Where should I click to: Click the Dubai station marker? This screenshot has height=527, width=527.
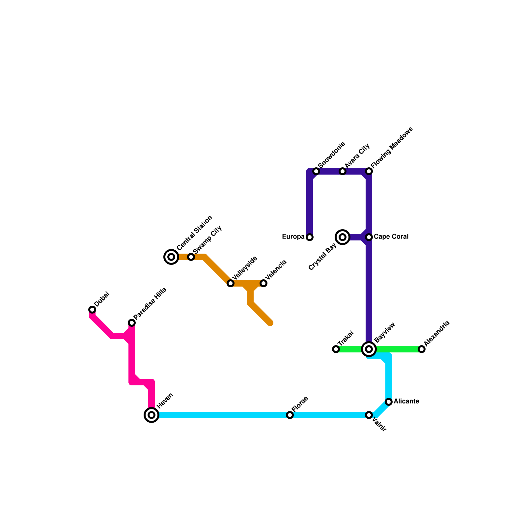(x=92, y=310)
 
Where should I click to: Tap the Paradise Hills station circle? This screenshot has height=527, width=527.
(x=132, y=323)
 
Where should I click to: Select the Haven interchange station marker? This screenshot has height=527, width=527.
(x=152, y=415)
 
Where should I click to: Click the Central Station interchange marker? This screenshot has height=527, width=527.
(x=171, y=257)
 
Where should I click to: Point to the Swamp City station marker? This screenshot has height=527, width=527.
(x=191, y=257)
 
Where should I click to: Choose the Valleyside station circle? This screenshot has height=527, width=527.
(x=231, y=283)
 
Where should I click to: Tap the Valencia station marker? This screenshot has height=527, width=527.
(x=263, y=283)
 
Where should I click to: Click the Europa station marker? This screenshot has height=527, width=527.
(x=310, y=237)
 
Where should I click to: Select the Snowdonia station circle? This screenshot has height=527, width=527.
(x=316, y=171)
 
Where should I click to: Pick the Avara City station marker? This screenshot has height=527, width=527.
(x=343, y=171)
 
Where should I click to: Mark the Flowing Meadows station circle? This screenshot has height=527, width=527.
(x=369, y=171)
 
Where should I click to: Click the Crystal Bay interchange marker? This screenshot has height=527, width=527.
(x=343, y=237)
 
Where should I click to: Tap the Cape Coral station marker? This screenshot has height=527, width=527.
(x=369, y=237)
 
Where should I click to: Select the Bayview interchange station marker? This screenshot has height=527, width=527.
(x=369, y=349)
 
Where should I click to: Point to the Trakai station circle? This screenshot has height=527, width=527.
(x=336, y=349)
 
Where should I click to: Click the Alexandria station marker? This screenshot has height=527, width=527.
(x=422, y=349)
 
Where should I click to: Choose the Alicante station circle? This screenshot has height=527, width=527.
(x=389, y=402)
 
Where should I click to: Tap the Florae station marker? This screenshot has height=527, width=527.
(x=290, y=415)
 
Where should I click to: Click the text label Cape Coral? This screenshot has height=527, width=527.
(x=391, y=237)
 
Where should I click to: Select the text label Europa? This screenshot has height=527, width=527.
(x=293, y=237)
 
